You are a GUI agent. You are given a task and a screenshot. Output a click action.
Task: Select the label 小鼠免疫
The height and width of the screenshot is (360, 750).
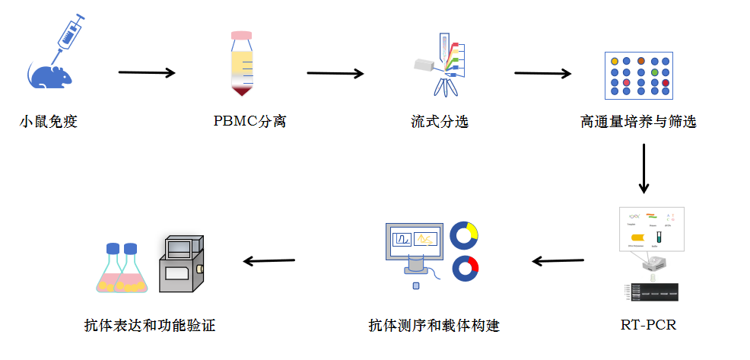48,121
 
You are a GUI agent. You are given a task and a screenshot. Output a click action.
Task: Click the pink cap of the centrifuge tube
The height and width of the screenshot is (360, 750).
242,35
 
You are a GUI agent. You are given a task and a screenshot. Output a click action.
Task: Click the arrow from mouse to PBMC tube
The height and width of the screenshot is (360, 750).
147,73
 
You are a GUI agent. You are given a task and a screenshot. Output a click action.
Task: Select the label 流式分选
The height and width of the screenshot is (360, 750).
440,121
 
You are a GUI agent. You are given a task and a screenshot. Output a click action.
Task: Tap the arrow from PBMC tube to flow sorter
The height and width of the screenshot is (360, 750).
335,74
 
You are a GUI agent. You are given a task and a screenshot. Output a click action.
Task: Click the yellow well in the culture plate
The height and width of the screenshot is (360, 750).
613,61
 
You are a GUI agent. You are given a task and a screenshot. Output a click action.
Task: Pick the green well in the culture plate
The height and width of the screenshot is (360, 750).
654,72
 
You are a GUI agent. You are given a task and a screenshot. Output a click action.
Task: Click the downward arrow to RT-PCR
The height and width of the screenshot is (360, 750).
644,167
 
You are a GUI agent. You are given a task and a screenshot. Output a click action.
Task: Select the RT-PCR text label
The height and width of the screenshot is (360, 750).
648,326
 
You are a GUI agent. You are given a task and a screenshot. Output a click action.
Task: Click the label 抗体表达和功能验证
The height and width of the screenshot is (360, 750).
150,326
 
